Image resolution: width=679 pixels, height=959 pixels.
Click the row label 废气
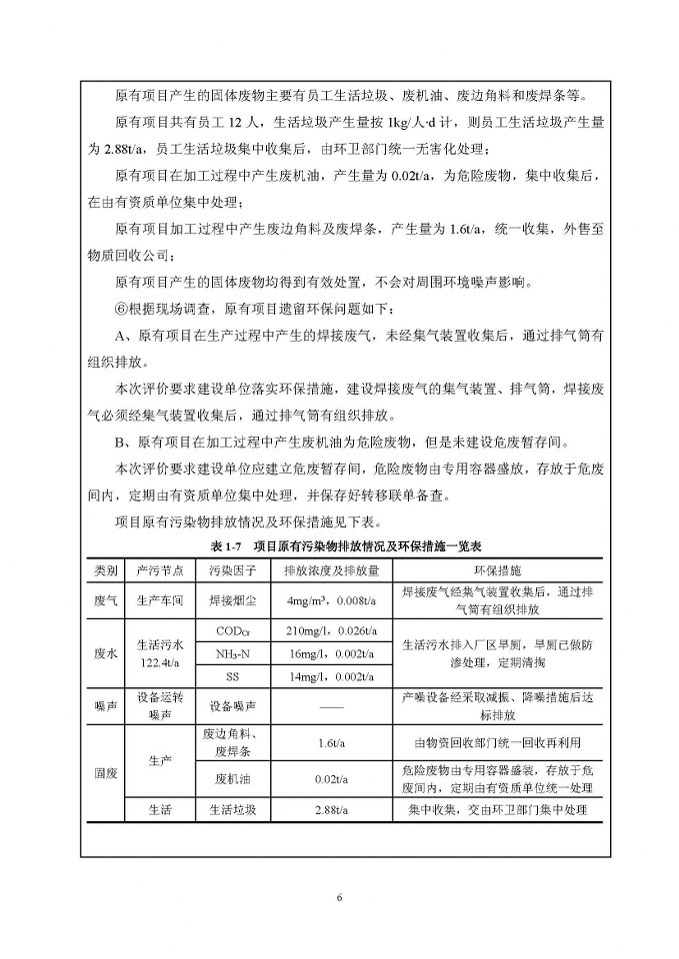click(106, 600)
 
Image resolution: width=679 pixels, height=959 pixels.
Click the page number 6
click(340, 896)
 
